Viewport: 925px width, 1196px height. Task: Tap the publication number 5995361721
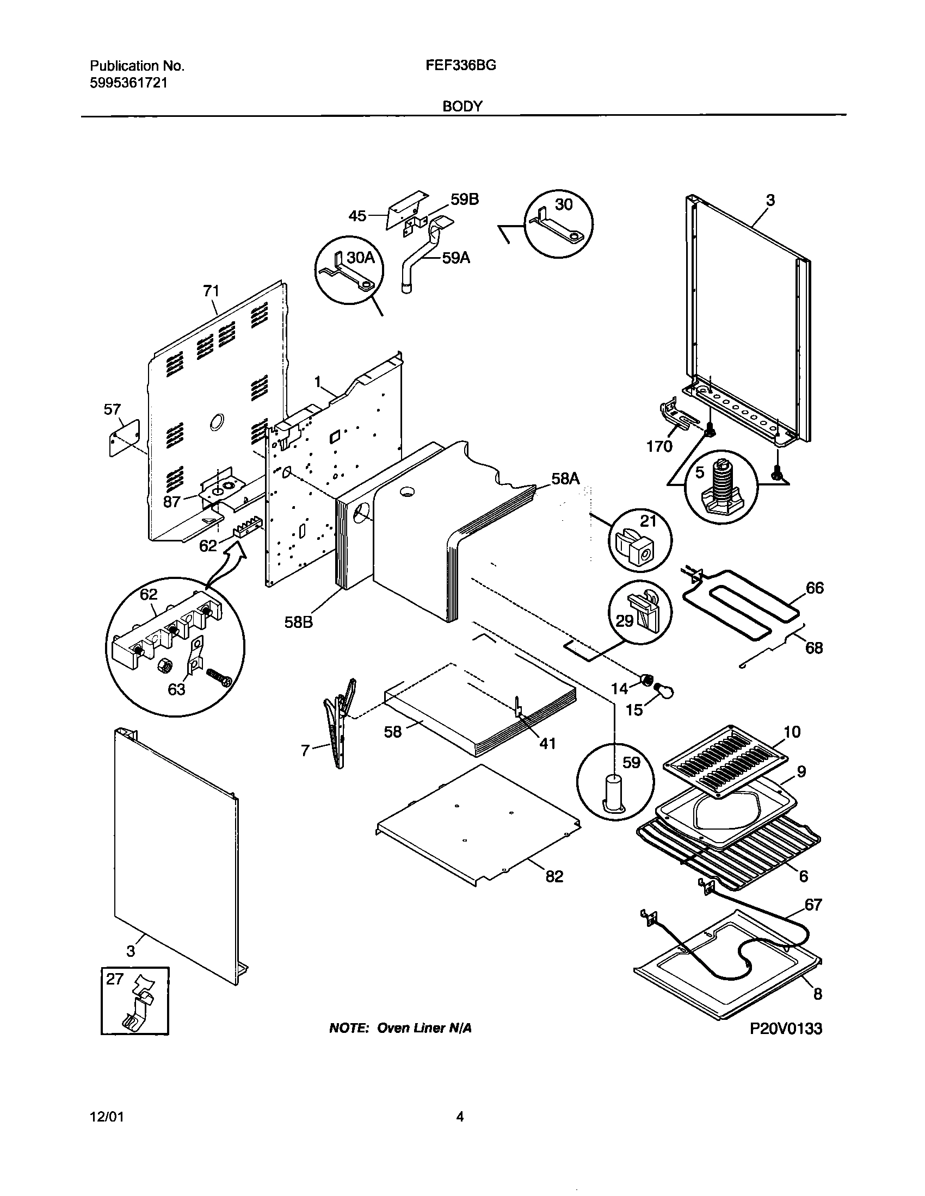[129, 83]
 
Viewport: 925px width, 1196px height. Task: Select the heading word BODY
[462, 106]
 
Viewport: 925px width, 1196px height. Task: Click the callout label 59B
[465, 200]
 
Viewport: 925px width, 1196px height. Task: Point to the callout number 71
[212, 291]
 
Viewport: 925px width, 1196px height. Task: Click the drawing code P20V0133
[785, 1029]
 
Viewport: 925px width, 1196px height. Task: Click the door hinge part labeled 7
[340, 723]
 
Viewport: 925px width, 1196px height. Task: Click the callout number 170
[659, 447]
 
